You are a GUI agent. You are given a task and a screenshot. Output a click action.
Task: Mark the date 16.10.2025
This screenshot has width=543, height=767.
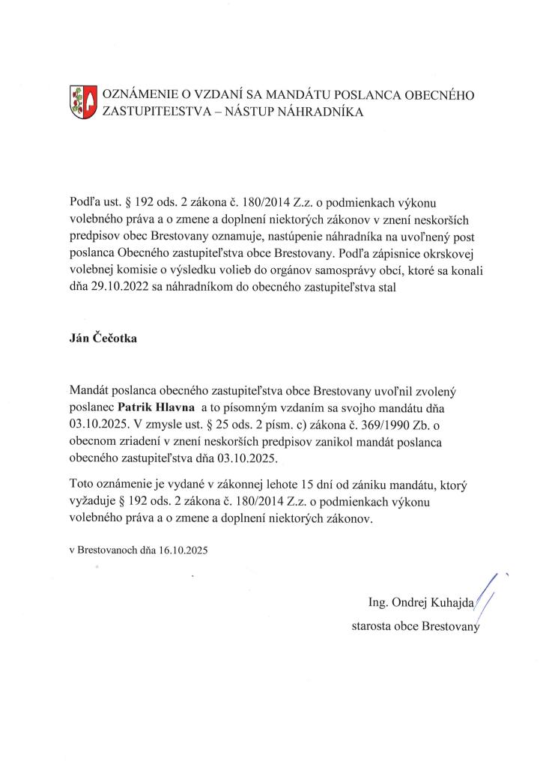click(183, 550)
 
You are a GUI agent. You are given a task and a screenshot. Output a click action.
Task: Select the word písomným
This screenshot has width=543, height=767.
click(265, 409)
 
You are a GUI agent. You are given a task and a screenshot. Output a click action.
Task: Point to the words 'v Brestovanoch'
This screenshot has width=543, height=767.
click(101, 550)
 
